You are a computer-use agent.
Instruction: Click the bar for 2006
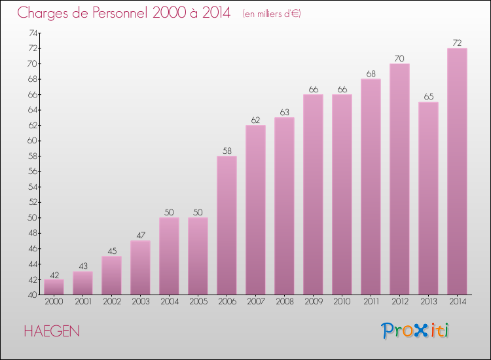click(x=227, y=225)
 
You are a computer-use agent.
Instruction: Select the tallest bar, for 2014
click(x=457, y=171)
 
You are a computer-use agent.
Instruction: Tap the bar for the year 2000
click(x=54, y=287)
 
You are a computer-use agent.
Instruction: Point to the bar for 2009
click(x=313, y=194)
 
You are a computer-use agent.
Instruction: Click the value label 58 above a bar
click(x=227, y=151)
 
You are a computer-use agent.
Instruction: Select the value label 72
click(x=457, y=43)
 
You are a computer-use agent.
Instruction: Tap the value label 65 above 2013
click(x=428, y=97)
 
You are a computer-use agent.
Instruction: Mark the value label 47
click(x=140, y=235)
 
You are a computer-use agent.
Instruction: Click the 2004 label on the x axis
click(x=169, y=301)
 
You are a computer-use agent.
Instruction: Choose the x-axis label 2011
click(x=371, y=301)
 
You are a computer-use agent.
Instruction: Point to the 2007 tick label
click(x=255, y=301)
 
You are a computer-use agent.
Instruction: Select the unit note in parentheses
click(x=271, y=14)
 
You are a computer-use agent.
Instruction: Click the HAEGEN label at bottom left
click(x=52, y=331)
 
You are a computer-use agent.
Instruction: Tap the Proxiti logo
click(x=415, y=331)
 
